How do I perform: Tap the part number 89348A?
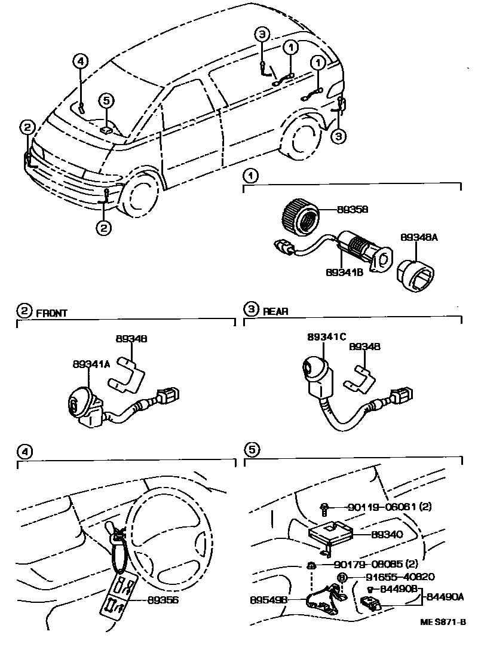click(x=419, y=237)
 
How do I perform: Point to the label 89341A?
click(x=91, y=363)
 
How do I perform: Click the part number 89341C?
click(x=327, y=337)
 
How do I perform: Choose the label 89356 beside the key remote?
click(x=164, y=599)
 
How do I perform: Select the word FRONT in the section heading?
click(x=53, y=312)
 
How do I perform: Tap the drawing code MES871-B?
click(x=442, y=622)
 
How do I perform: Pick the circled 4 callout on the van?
click(x=81, y=60)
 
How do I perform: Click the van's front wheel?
click(x=141, y=196)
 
